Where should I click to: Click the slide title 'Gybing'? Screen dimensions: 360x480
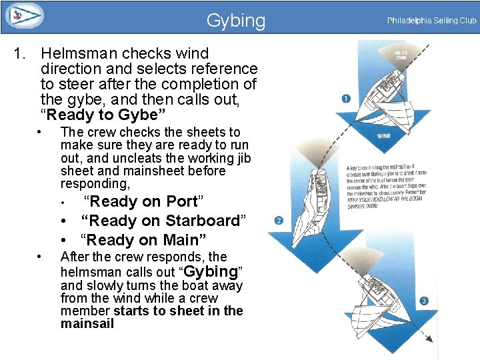[x=235, y=21]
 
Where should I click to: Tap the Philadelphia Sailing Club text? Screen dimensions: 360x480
[x=431, y=21]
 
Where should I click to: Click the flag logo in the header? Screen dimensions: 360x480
[x=22, y=15]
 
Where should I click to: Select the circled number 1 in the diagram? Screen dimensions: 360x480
[x=346, y=99]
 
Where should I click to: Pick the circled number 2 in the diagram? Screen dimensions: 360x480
[x=278, y=220]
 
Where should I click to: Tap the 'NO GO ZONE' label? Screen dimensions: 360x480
[x=401, y=56]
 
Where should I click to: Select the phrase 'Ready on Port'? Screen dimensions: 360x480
[x=143, y=201]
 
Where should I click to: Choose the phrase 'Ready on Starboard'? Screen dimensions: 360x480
[x=163, y=221]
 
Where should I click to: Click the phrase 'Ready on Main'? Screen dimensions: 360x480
[x=143, y=240]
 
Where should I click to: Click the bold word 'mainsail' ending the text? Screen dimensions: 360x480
[x=87, y=324]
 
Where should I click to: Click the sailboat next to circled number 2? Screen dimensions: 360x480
[x=320, y=200]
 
